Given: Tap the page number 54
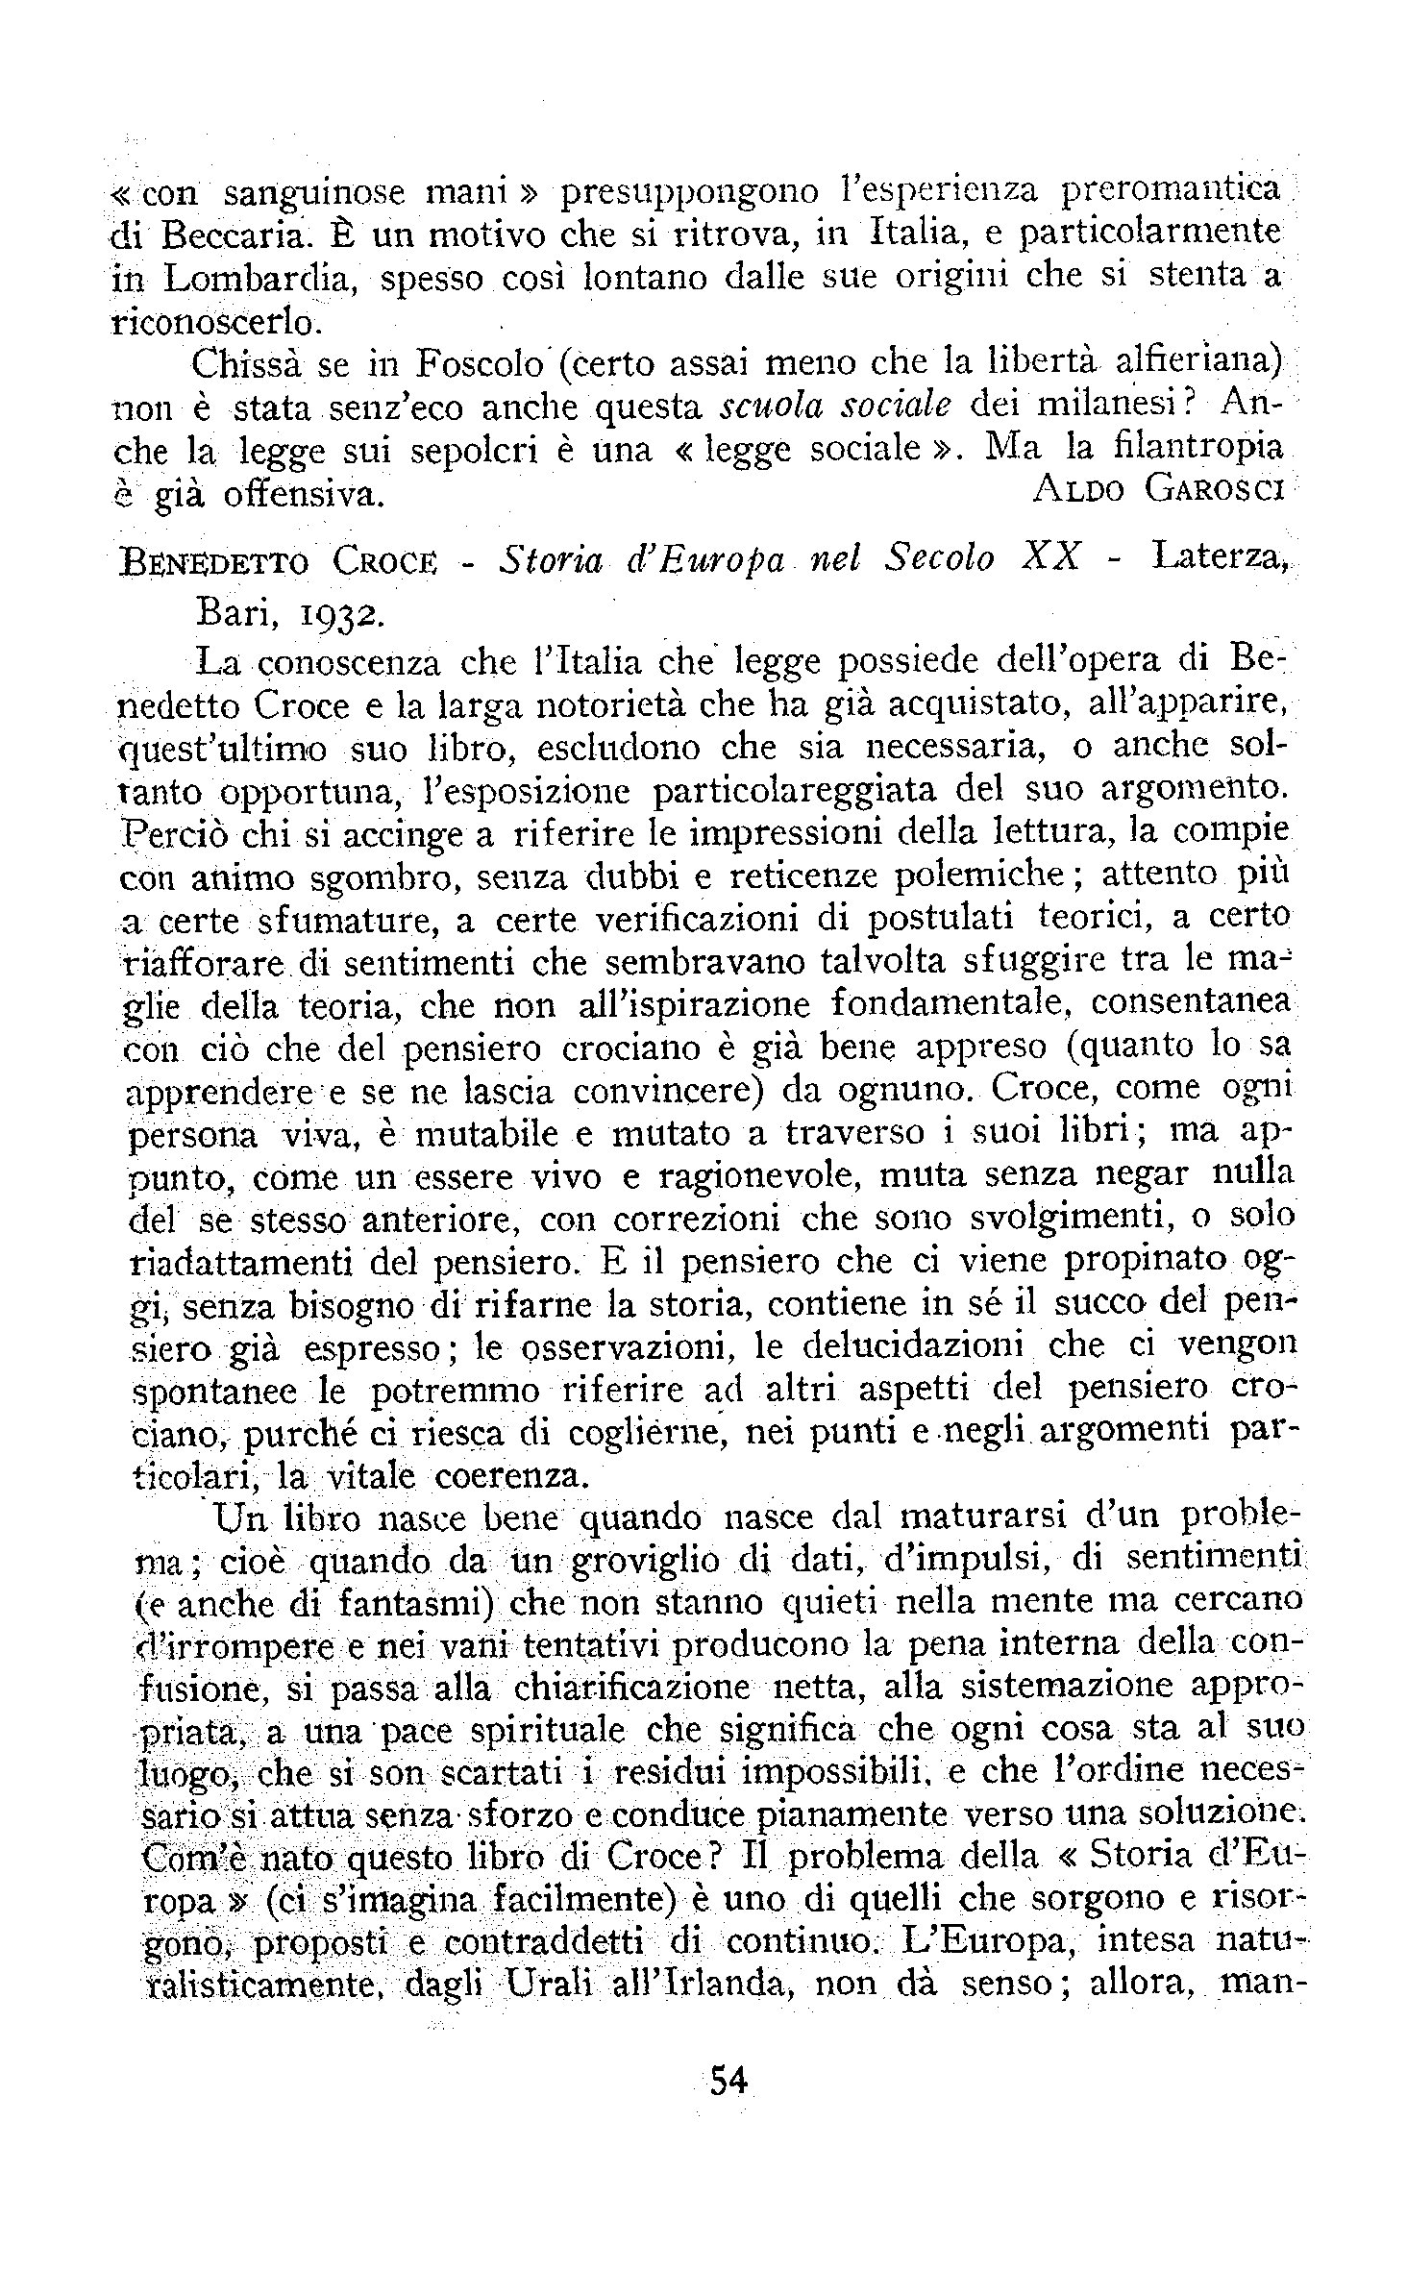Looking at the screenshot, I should pyautogui.click(x=727, y=2082).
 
